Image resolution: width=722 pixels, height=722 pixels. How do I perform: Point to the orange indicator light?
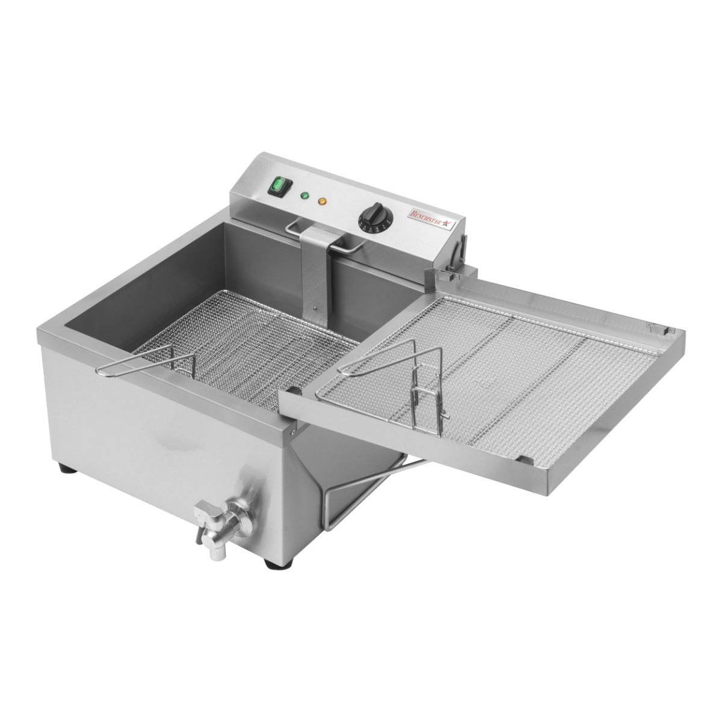(322, 201)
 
